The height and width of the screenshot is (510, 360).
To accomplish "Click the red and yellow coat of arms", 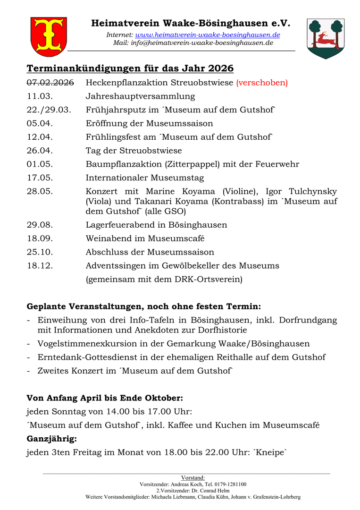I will pos(49,36).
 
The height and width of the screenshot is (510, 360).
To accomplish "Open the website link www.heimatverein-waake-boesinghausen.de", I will pos(208,35).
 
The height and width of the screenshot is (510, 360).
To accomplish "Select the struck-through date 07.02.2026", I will pos(50,83).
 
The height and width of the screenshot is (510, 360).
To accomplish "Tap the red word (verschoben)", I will pos(262,83).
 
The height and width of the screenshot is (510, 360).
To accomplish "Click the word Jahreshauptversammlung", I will pos(140,97).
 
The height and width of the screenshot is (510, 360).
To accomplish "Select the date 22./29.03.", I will pos(49,110).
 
